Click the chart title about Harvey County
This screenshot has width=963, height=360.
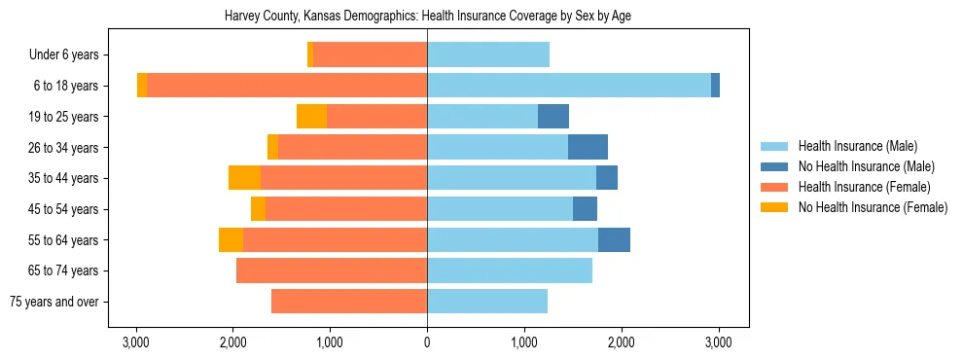click(427, 17)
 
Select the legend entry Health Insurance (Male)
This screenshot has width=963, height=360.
click(857, 146)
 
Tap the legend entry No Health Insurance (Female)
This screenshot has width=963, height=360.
click(872, 207)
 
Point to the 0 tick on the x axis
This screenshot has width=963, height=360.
click(427, 342)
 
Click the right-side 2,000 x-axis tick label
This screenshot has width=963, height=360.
click(621, 342)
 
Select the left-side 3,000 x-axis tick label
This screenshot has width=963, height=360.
click(135, 342)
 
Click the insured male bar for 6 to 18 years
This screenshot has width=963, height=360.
click(569, 86)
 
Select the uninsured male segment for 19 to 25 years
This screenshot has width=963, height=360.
click(553, 117)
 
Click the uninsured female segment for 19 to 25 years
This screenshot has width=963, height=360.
click(311, 117)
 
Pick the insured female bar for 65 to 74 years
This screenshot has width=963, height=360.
click(332, 270)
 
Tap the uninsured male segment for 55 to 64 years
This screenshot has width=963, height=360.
click(614, 239)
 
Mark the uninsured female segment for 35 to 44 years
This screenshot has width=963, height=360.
click(244, 178)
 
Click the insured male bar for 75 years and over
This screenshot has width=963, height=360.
click(487, 302)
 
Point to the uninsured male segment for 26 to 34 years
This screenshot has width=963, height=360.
click(588, 147)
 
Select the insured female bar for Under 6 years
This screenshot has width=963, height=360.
click(371, 55)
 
